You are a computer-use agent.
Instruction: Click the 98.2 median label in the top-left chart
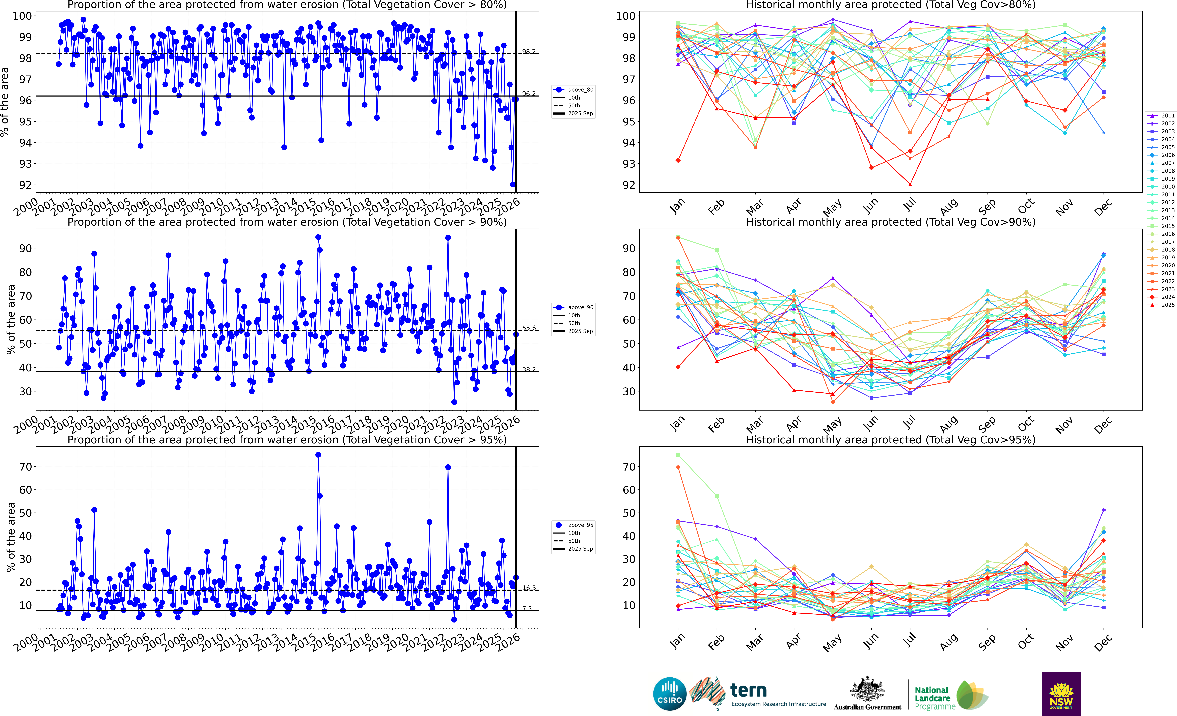click(528, 52)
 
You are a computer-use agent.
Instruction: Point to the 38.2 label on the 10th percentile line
click(528, 369)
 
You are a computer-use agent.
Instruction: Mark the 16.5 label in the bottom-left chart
click(528, 588)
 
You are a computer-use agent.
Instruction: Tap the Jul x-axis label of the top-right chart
click(910, 205)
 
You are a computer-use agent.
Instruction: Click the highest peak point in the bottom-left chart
click(318, 455)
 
